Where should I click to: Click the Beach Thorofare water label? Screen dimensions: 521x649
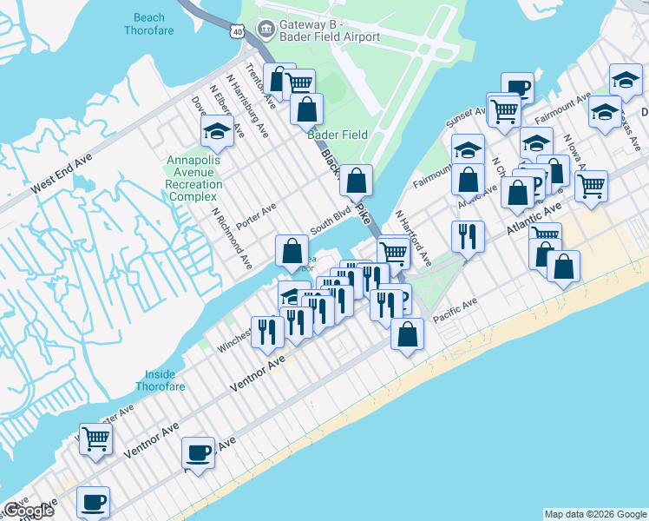(x=154, y=23)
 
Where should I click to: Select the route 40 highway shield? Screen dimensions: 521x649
(x=237, y=30)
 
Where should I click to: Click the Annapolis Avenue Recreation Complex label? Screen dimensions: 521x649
(x=194, y=173)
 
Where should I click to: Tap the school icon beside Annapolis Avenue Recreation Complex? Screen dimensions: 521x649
(x=215, y=132)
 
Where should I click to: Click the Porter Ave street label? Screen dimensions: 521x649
(x=256, y=213)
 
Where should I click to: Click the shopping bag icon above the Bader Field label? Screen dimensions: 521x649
(x=306, y=109)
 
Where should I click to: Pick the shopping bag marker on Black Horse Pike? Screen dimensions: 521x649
(x=356, y=181)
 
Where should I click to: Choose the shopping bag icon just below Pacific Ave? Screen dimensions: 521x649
(x=407, y=334)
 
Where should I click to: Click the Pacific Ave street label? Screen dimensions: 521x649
(x=456, y=312)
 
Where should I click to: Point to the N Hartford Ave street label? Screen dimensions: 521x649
(x=413, y=237)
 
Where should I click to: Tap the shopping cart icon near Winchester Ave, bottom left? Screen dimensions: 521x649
(x=95, y=439)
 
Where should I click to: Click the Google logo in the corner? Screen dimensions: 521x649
(x=29, y=511)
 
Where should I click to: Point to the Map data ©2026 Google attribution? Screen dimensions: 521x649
(x=594, y=514)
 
